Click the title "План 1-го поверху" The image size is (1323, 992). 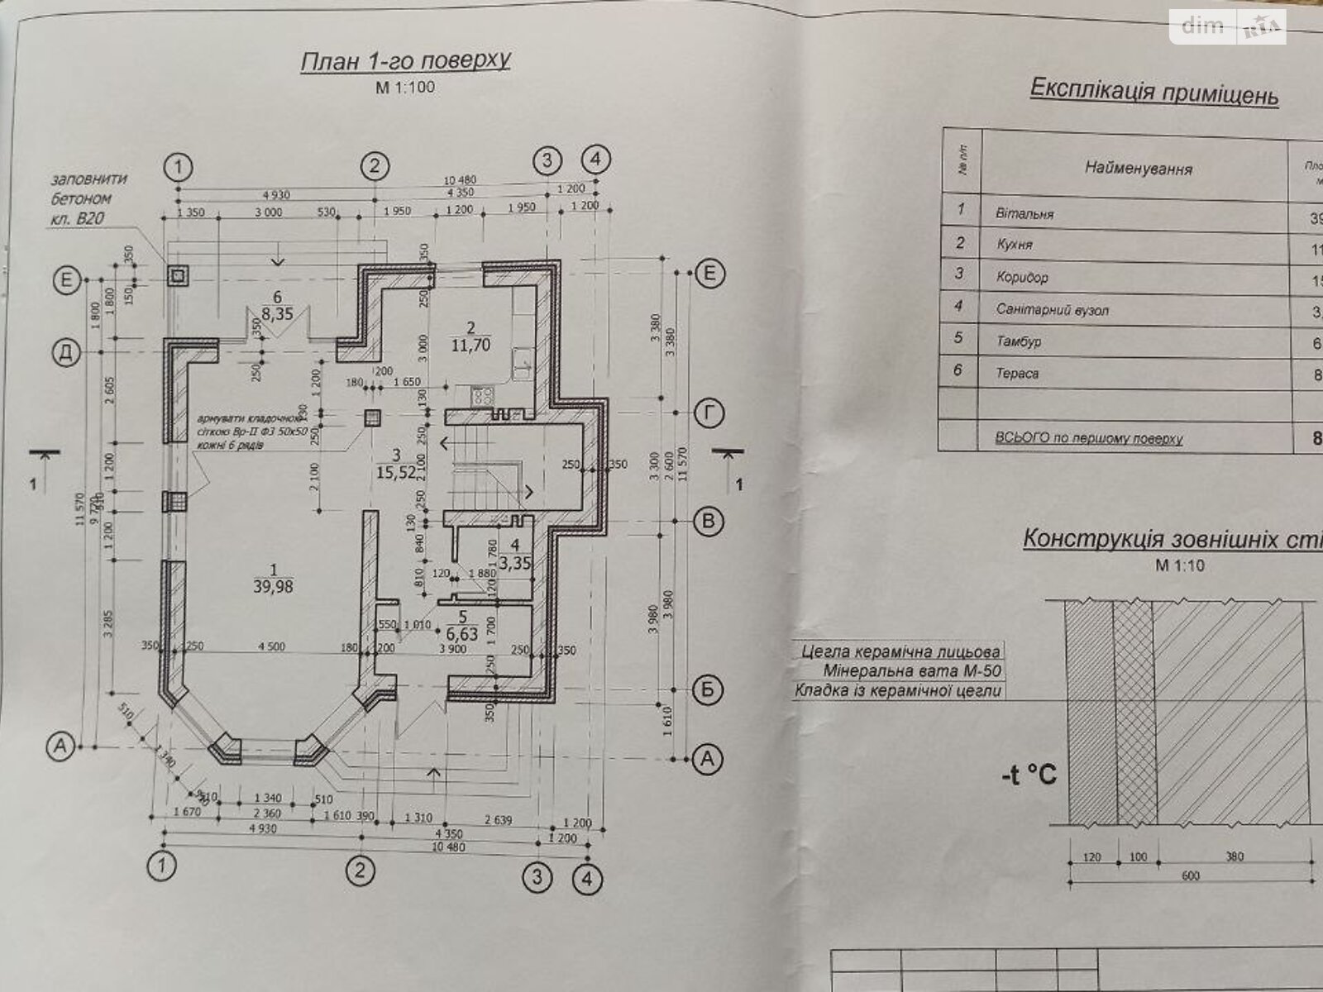(x=405, y=61)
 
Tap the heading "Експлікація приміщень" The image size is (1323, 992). (x=1153, y=92)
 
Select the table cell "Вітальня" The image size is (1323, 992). (x=1025, y=213)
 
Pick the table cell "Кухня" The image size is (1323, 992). (x=1015, y=245)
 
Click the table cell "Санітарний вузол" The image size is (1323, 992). (x=1053, y=311)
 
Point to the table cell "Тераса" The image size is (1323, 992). (x=1017, y=374)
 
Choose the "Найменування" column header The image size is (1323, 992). (x=1138, y=169)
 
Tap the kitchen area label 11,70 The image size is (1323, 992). (x=472, y=345)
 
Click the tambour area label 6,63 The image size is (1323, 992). (x=461, y=633)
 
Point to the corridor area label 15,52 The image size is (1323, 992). (x=394, y=473)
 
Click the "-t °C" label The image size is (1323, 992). (x=1028, y=775)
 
